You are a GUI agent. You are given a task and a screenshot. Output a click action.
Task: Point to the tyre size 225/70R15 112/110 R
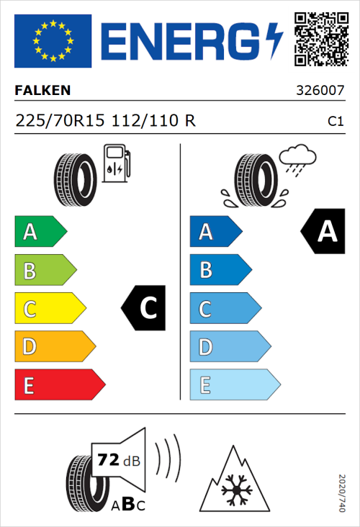[x=105, y=121]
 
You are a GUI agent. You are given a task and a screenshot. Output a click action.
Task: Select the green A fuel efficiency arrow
[x=39, y=232]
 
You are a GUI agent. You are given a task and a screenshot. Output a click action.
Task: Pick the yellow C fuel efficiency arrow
[x=49, y=309]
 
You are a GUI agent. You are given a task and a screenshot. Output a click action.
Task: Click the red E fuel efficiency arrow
[x=59, y=385]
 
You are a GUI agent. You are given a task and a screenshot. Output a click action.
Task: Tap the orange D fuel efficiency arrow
[x=54, y=347]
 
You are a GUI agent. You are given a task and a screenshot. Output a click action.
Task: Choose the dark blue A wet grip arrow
[x=215, y=232]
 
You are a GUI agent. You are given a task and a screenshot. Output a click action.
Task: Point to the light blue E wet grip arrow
[x=234, y=385]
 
